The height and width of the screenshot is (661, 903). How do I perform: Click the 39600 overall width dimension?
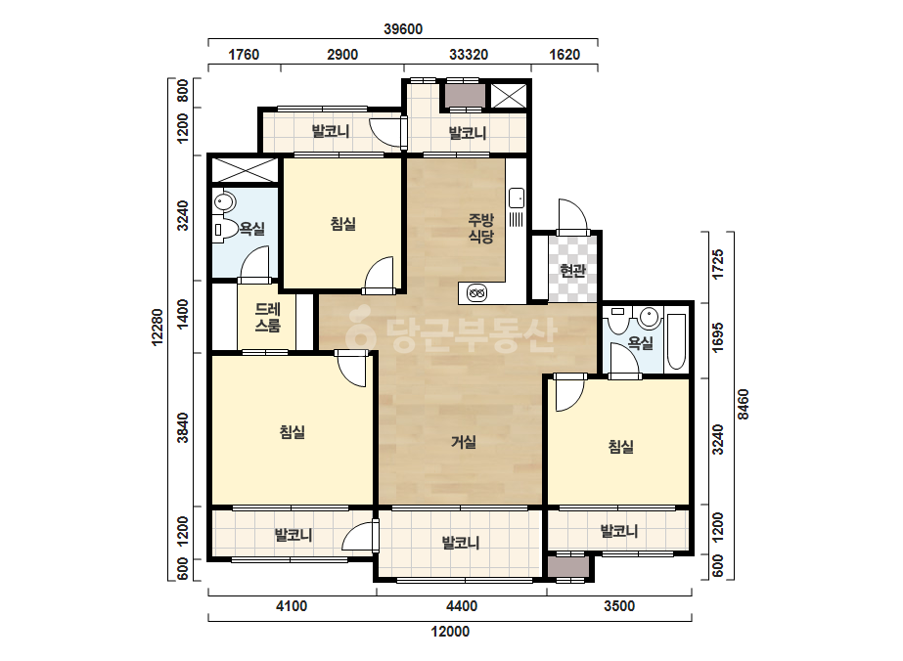[403, 28]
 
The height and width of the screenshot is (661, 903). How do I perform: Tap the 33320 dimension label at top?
[469, 55]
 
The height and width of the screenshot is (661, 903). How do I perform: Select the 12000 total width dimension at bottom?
[450, 632]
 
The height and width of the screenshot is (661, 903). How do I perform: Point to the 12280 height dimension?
[158, 328]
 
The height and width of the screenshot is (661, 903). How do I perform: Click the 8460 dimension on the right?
[744, 404]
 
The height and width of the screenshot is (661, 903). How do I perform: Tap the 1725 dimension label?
[717, 265]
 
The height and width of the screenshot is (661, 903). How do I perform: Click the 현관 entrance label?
[572, 271]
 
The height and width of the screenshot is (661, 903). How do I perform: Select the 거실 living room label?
[464, 442]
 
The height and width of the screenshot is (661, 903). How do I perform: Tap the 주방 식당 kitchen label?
[481, 228]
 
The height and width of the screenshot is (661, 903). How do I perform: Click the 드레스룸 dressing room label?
[268, 317]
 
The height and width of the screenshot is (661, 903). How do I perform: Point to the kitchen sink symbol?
[517, 198]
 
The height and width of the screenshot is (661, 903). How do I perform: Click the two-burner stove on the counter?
[476, 293]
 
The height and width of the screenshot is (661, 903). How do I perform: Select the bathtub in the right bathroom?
[676, 341]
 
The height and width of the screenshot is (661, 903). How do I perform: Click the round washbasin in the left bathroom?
[224, 202]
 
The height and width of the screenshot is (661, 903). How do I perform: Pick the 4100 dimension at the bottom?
[292, 606]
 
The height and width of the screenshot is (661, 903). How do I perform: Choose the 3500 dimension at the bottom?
[619, 606]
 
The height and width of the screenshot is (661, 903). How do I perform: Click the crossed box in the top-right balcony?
[508, 96]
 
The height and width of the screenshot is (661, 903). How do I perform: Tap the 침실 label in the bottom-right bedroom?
[621, 446]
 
